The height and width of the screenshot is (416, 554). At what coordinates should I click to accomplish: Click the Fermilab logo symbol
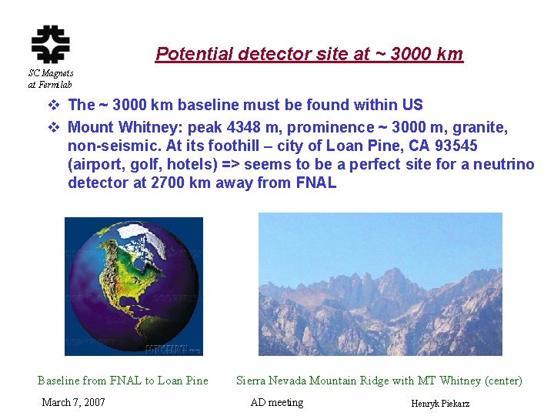coord(50,44)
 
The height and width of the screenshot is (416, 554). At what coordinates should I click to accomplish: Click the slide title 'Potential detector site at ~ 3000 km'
coord(309,54)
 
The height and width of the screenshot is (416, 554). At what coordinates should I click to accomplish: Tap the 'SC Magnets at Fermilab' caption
coord(50,79)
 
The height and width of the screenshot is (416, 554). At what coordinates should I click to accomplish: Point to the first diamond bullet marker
coord(53,105)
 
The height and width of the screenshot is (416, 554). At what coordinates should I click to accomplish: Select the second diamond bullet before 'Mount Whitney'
coord(53,127)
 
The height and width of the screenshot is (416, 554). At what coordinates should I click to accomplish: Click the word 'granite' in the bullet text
coord(481,127)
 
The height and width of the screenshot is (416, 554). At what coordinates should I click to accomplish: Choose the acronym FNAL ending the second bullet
coord(315,183)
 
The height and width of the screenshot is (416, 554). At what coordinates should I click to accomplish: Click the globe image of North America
coord(133,286)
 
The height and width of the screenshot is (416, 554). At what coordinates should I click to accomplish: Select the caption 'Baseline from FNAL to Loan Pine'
coord(122,380)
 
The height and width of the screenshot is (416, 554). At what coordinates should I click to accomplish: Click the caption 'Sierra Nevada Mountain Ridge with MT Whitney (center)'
coord(379,380)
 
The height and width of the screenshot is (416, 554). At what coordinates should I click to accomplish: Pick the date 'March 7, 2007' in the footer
coord(73,402)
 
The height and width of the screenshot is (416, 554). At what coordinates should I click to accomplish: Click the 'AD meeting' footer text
coord(277,402)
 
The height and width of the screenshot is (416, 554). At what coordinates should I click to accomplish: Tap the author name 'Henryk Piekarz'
coord(440,404)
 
